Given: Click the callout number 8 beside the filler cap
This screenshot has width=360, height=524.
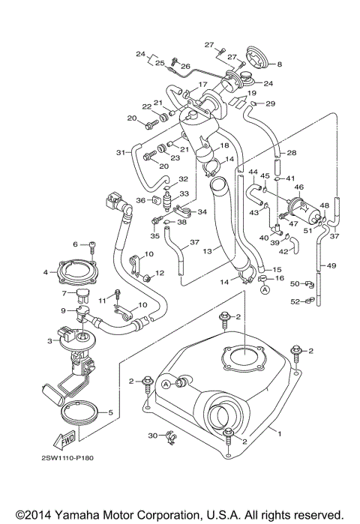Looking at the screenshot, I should point(280,64).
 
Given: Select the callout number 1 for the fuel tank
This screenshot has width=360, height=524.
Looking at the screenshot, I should point(280,433).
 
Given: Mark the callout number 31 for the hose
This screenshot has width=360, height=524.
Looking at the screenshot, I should point(119,153).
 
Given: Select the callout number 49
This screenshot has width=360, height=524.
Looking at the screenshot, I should point(331,265).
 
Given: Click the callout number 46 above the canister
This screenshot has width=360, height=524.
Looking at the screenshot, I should point(298,187).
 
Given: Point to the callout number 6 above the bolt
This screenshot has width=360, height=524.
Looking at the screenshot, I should point(75,244).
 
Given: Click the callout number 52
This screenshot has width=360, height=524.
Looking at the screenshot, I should point(295,301).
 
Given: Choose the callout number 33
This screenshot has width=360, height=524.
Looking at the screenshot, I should point(182,193).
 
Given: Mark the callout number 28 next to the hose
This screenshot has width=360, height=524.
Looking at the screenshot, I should point(292,153).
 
